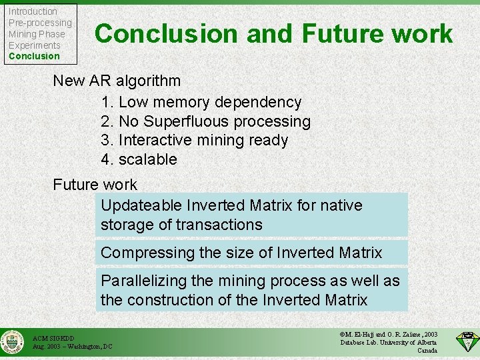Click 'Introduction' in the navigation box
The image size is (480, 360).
(33, 11)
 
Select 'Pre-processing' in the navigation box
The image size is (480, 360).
(40, 23)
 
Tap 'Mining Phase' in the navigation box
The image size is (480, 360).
(37, 34)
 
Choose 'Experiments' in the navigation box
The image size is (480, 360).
(35, 45)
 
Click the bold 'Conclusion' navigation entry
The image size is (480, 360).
(34, 56)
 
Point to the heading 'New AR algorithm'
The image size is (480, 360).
(117, 81)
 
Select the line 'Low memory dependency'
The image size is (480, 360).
(209, 102)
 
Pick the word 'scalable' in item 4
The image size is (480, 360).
(148, 160)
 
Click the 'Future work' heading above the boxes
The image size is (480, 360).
(95, 185)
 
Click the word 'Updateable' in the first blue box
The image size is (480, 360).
(141, 205)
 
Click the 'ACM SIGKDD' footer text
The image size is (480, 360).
(54, 339)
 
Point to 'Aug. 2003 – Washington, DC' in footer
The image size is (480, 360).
(73, 347)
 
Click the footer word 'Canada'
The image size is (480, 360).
(427, 351)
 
